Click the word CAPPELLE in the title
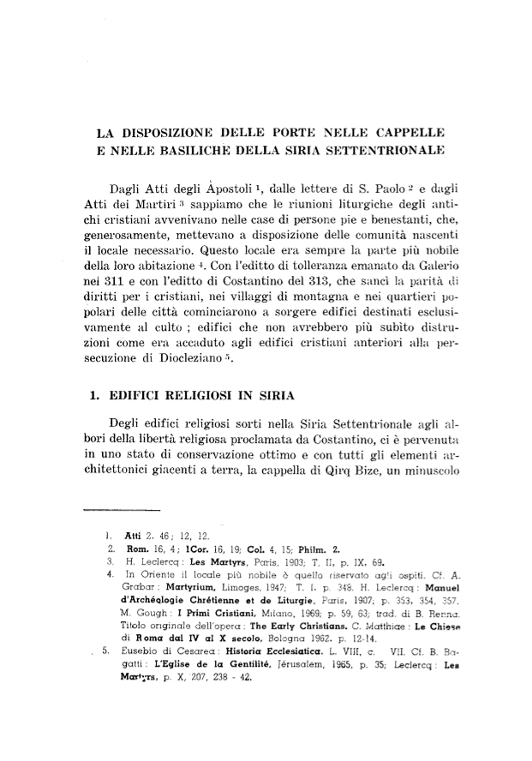(x=404, y=135)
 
